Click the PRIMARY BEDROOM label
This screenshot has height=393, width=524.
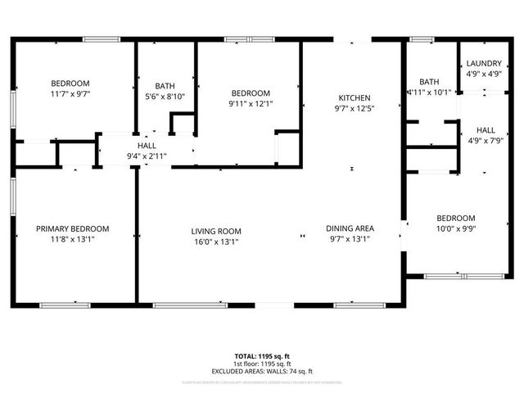[x=72, y=229]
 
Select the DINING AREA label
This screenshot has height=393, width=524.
[x=350, y=228]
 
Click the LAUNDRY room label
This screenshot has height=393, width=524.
[x=484, y=63]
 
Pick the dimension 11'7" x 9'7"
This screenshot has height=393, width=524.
[x=70, y=94]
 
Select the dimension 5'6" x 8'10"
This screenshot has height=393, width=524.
[x=165, y=97]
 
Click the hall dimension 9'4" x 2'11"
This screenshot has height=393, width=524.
[x=147, y=156]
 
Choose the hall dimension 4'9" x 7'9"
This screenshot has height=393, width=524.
[x=486, y=141]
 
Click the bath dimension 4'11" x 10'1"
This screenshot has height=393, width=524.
[x=429, y=93]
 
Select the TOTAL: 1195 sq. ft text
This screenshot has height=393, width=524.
[x=262, y=356]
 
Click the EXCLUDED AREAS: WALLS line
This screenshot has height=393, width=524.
[x=262, y=372]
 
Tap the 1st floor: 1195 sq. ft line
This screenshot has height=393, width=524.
[x=262, y=364]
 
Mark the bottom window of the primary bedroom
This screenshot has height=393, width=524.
[x=65, y=305]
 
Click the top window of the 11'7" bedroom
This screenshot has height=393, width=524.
[x=101, y=38]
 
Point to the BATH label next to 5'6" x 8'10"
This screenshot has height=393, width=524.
[x=165, y=85]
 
